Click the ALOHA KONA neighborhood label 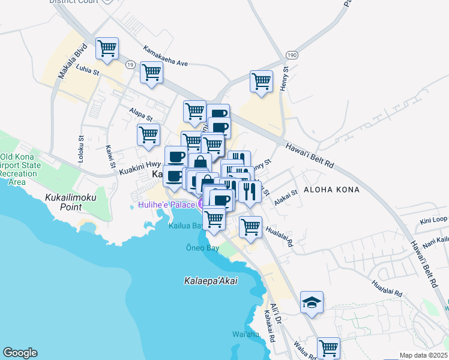coord(332,190)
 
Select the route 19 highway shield coord(130,64)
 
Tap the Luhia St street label coord(88,70)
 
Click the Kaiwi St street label coord(110,156)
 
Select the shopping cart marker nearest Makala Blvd coord(107,47)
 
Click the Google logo coord(20,353)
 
